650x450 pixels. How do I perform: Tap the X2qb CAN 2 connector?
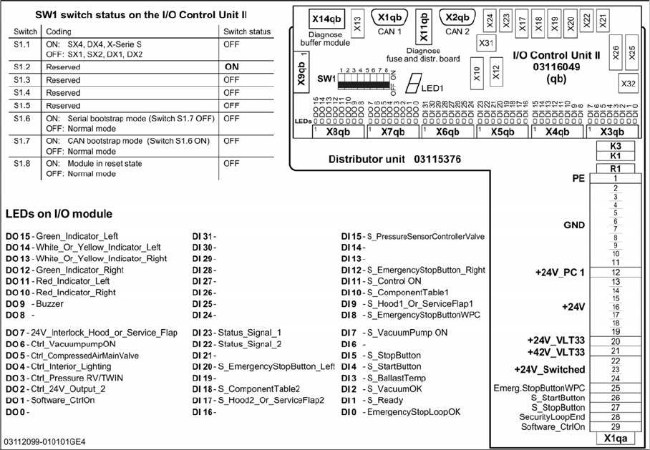[x=457, y=17]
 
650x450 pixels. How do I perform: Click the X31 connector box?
[x=486, y=43]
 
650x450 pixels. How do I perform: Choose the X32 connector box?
[x=629, y=83]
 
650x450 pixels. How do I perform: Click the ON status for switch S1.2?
[x=232, y=66]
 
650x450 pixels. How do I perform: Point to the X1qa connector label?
[x=614, y=439]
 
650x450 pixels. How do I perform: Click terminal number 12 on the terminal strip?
[x=615, y=273]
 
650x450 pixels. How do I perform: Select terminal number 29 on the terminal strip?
[x=615, y=426]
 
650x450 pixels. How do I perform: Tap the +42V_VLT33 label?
[x=556, y=352]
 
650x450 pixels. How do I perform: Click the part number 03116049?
[x=556, y=66]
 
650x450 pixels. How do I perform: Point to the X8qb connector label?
[x=337, y=132]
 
